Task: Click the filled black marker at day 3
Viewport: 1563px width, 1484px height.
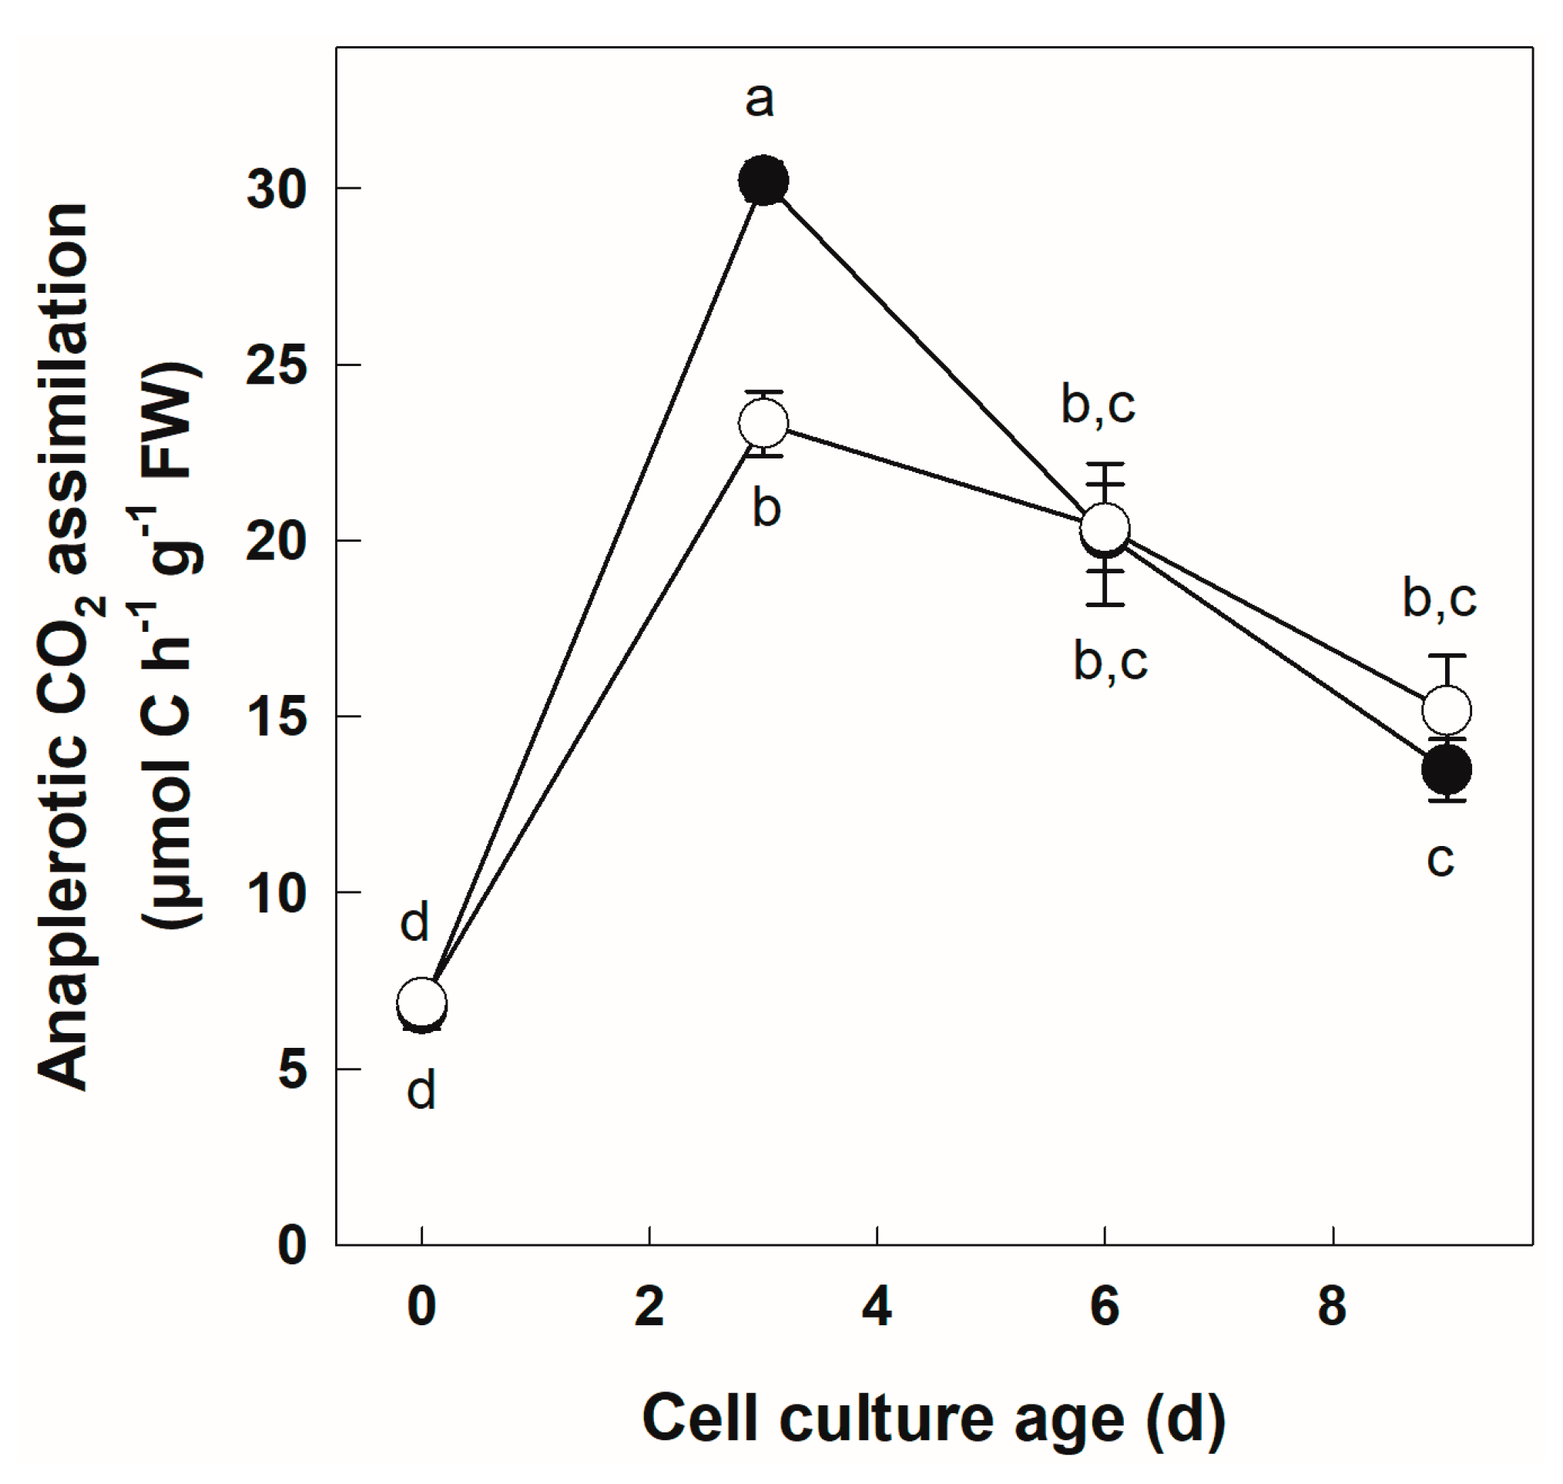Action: pyautogui.click(x=763, y=180)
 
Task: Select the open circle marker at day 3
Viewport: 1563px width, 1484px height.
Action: pyautogui.click(x=763, y=424)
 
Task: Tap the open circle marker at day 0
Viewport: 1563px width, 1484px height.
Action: pyautogui.click(x=421, y=1002)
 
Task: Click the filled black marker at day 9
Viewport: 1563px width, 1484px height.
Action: pyautogui.click(x=1447, y=769)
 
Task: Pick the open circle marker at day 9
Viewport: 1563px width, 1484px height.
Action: pyautogui.click(x=1447, y=710)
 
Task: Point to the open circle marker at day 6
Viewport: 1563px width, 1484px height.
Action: pyautogui.click(x=1105, y=528)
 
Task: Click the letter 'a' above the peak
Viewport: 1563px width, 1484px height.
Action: pyautogui.click(x=760, y=100)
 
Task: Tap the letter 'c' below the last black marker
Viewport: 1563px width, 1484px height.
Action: pyautogui.click(x=1441, y=860)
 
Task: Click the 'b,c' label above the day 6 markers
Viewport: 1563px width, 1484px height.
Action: pyautogui.click(x=1098, y=405)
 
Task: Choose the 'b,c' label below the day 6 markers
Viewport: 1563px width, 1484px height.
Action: pyautogui.click(x=1111, y=660)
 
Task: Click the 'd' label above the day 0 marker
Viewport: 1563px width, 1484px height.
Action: pyautogui.click(x=414, y=922)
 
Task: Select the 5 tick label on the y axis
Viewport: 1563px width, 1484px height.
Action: pyautogui.click(x=292, y=1070)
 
